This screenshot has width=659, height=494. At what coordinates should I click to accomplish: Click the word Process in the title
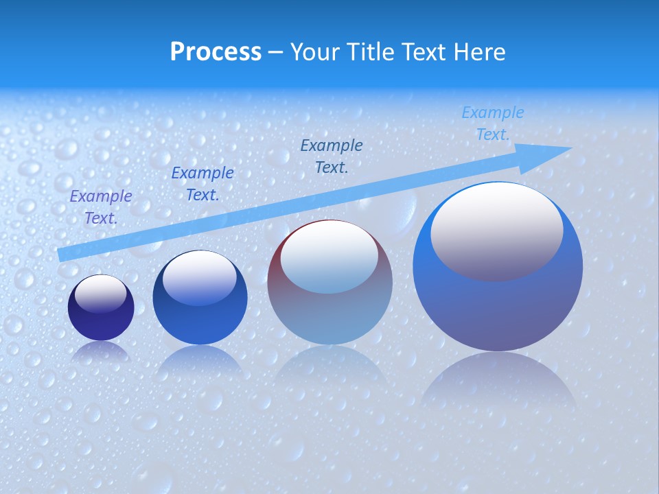point(216,52)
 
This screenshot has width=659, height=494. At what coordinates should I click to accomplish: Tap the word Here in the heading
point(478,52)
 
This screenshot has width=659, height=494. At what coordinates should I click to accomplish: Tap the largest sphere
point(498,268)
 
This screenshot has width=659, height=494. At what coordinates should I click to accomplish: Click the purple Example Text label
point(101,207)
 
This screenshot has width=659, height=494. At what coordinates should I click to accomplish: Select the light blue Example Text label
point(493,123)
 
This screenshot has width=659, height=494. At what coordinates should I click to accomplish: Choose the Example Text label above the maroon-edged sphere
point(332,156)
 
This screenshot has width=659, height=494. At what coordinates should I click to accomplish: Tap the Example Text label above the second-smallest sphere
point(203,184)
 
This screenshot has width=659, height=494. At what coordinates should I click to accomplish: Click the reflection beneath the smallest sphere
point(101,351)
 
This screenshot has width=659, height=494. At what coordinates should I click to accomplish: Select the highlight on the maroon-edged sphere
point(329,257)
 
